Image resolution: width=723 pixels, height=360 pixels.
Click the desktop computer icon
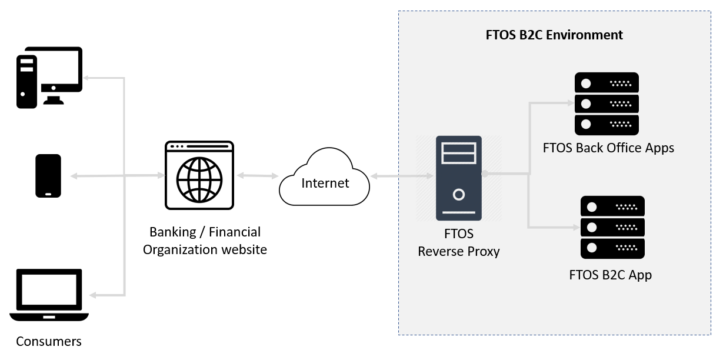(49, 77)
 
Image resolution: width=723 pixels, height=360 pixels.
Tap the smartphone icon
(48, 176)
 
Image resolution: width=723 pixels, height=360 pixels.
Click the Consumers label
(49, 341)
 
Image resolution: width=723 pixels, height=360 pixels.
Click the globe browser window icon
(199, 175)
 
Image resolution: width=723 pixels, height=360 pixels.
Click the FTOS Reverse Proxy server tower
(458, 178)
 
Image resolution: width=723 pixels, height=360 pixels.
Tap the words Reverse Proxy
(458, 251)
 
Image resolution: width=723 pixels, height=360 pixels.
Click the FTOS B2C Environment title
(554, 35)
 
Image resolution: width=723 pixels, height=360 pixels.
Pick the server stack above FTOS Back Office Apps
(606, 104)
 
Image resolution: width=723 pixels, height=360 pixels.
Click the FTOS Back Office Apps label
(608, 148)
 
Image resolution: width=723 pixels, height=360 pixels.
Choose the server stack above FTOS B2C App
(612, 227)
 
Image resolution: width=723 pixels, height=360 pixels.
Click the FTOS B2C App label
(610, 275)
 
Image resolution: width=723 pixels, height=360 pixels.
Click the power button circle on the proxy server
(458, 194)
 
